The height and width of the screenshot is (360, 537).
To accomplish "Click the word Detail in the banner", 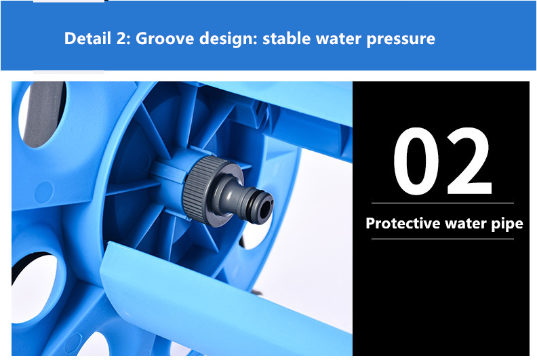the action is point(87,38).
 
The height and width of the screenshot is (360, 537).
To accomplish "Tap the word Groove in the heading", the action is point(165,39).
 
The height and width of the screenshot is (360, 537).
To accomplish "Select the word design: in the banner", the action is point(228,39).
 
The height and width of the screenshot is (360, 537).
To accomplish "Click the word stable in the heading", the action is point(286,39).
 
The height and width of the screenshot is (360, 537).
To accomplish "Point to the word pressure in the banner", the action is point(401,39).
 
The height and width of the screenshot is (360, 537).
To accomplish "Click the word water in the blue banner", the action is point(338,39).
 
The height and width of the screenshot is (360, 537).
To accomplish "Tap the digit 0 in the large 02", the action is point(416,161).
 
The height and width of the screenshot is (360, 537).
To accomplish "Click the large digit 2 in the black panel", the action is point(469,161).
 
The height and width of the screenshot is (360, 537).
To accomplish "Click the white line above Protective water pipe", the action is point(443,203).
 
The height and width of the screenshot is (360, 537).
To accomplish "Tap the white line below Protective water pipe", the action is point(443,239).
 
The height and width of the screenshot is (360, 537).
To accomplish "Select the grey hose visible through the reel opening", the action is point(43,114).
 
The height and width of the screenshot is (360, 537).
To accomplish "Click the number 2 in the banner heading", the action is point(123,39).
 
